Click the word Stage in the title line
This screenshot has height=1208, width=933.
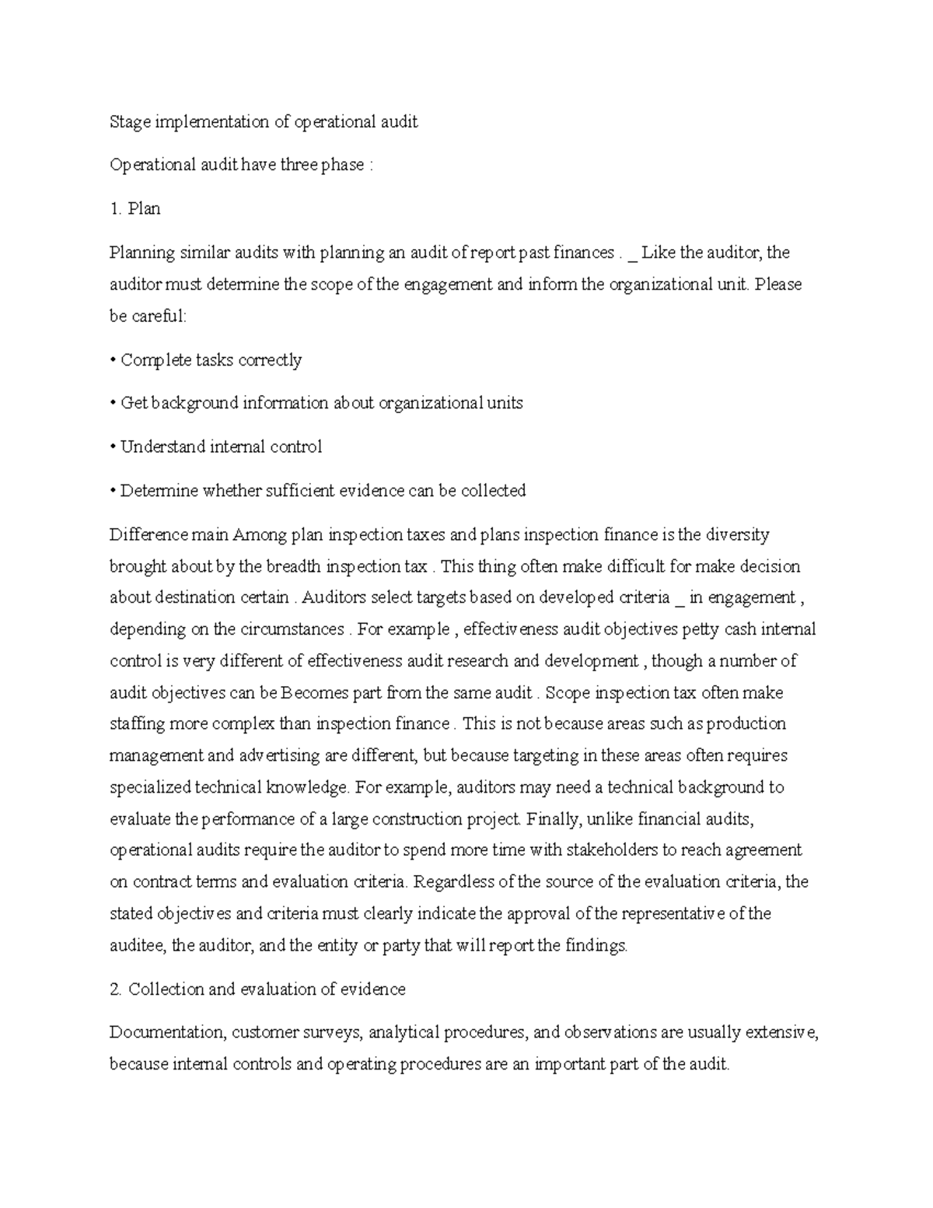[x=130, y=122]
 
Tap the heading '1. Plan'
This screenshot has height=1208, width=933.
[x=135, y=208]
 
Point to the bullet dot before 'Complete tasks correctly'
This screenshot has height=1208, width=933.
[x=113, y=360]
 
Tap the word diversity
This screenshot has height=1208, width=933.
[x=736, y=534]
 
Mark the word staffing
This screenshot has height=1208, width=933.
[x=137, y=723]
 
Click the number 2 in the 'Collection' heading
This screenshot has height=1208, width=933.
[x=115, y=989]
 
